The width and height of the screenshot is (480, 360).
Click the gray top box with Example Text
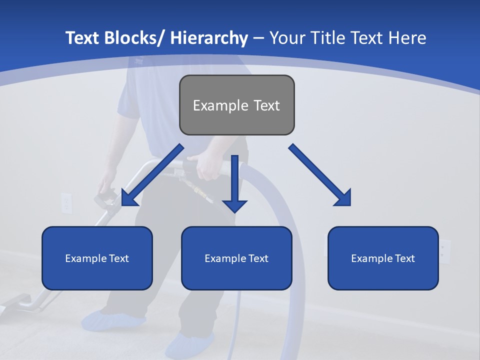coord(236,105)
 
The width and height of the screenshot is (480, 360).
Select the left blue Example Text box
coord(97,258)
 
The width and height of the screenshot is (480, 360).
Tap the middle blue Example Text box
coord(236,258)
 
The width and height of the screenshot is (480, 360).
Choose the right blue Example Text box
coord(383,258)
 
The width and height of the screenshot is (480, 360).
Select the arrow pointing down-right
coord(320,175)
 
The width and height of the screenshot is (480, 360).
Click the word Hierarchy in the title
coord(209,38)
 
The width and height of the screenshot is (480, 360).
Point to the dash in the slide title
coord(258,38)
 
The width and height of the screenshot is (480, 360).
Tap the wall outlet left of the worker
coord(66,202)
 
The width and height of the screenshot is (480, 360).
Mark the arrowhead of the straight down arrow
coord(235,205)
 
